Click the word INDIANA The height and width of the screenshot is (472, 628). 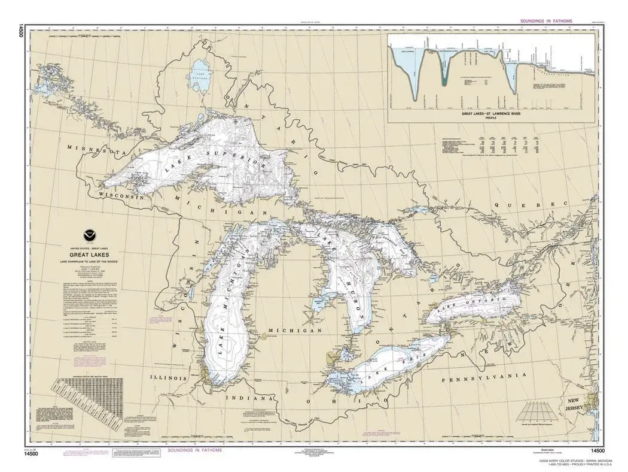(249, 398)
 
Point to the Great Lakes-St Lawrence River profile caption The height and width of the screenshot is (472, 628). (492, 113)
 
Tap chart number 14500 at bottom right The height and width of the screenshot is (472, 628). (598, 450)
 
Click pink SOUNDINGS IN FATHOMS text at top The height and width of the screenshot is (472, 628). (539, 20)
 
